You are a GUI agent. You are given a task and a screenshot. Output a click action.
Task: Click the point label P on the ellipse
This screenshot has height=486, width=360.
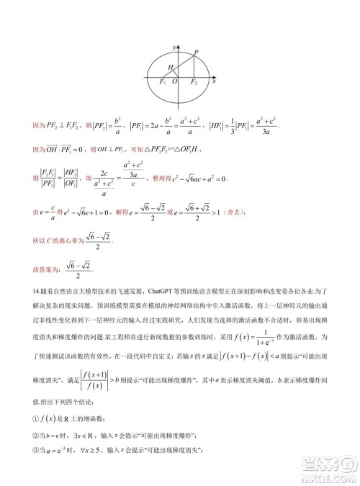point(197,52)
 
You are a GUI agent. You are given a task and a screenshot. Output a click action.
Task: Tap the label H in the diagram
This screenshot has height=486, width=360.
point(171,67)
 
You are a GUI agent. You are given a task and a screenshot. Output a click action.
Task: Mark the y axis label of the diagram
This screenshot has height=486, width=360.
point(175,46)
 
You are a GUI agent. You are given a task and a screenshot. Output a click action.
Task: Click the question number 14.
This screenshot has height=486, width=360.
point(37,292)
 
